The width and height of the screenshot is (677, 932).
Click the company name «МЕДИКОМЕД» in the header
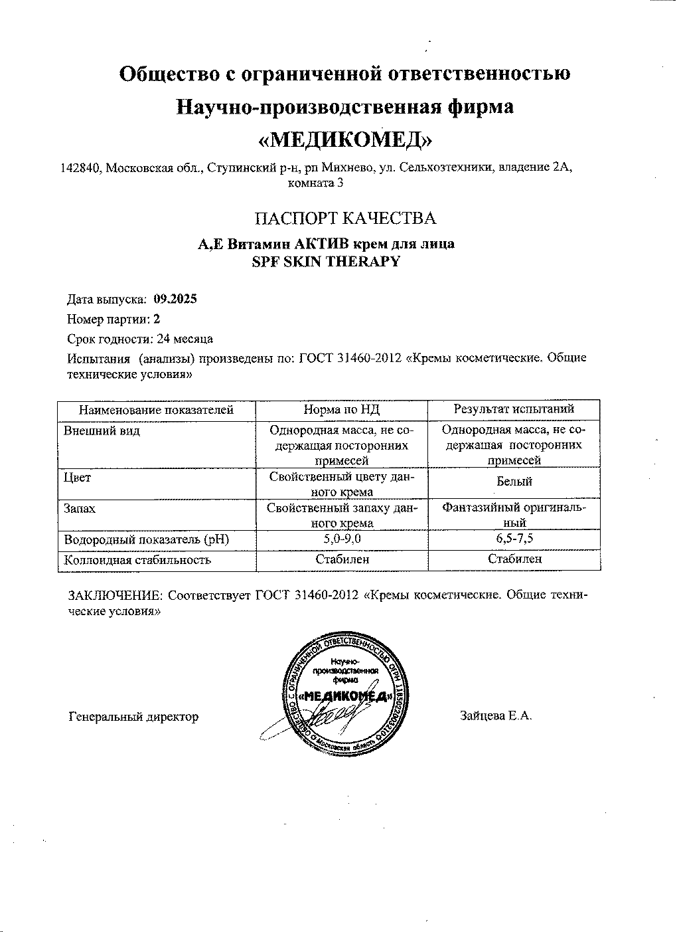pos(344,140)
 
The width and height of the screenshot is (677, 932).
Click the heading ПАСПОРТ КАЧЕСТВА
pos(346,218)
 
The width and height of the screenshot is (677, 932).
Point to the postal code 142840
pos(80,168)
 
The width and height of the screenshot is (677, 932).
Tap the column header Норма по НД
pos(342,410)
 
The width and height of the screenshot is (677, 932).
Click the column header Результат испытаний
pos(514,409)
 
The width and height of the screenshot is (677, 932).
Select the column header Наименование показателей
pos(157,410)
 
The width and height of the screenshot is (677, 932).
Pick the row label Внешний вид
pos(92,430)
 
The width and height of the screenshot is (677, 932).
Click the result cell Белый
pos(514,482)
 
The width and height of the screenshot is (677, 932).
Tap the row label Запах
pos(80,508)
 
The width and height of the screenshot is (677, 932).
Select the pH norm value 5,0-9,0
pos(342,539)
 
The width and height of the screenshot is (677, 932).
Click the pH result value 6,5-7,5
pos(514,539)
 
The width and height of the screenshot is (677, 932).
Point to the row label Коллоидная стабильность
pos(137,559)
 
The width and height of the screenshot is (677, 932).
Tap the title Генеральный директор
pos(133,716)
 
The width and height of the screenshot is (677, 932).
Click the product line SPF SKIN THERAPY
pos(326,261)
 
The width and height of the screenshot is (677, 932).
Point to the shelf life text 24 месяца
pos(185,339)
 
